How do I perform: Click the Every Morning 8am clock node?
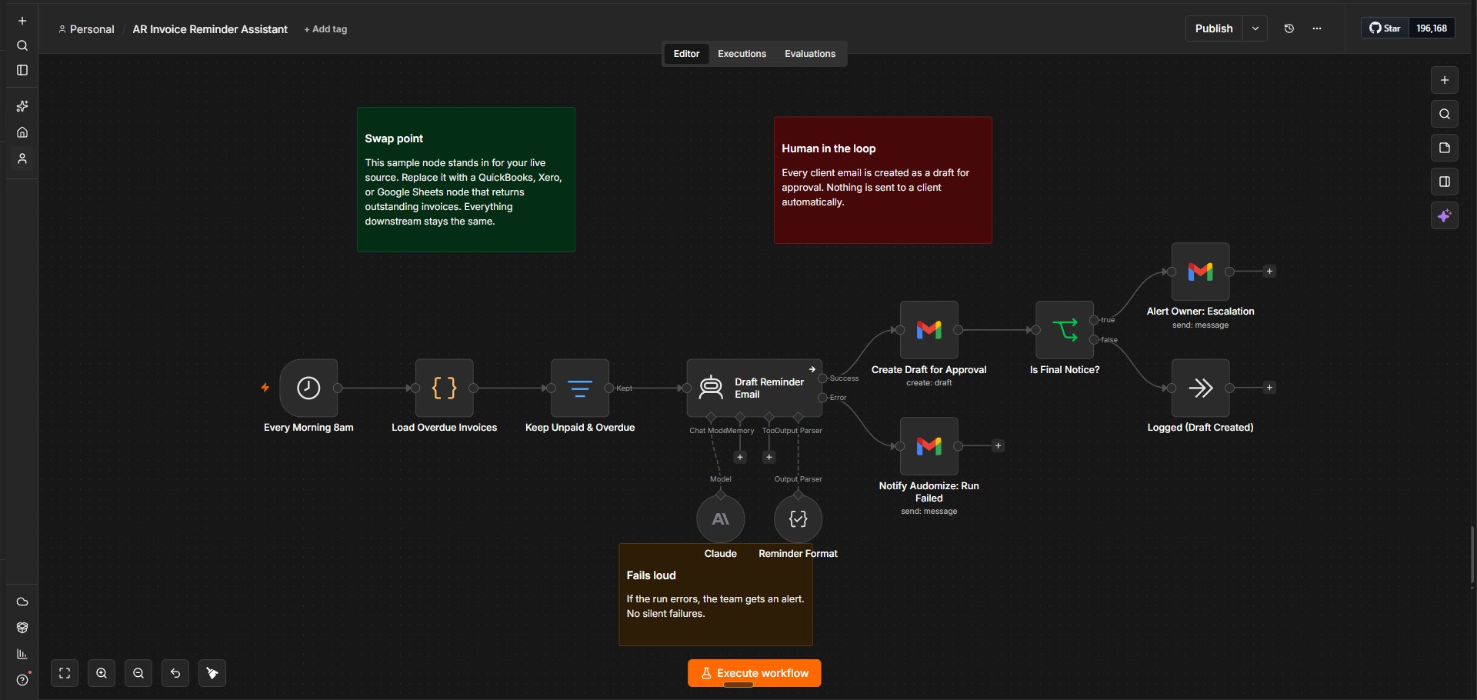pyautogui.click(x=308, y=388)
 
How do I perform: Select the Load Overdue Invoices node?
pyautogui.click(x=444, y=388)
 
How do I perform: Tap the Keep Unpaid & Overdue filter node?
pyautogui.click(x=580, y=388)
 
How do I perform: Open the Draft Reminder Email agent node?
pyautogui.click(x=754, y=388)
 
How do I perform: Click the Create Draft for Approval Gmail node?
pyautogui.click(x=929, y=330)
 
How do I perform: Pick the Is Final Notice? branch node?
pyautogui.click(x=1065, y=330)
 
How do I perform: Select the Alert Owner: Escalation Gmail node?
pyautogui.click(x=1200, y=272)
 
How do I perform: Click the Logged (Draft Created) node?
pyautogui.click(x=1200, y=388)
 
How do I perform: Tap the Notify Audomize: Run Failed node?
pyautogui.click(x=929, y=446)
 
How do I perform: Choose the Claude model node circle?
pyautogui.click(x=721, y=519)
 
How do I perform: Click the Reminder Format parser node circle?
pyautogui.click(x=798, y=519)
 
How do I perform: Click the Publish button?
pyautogui.click(x=1214, y=28)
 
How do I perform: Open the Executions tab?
pyautogui.click(x=742, y=54)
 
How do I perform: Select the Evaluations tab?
pyautogui.click(x=810, y=54)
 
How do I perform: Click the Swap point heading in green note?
pyautogui.click(x=394, y=138)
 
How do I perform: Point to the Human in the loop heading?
pyautogui.click(x=829, y=148)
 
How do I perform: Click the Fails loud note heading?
pyautogui.click(x=651, y=575)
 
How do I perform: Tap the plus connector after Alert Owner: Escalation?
pyautogui.click(x=1269, y=272)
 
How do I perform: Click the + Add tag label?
pyautogui.click(x=325, y=29)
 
